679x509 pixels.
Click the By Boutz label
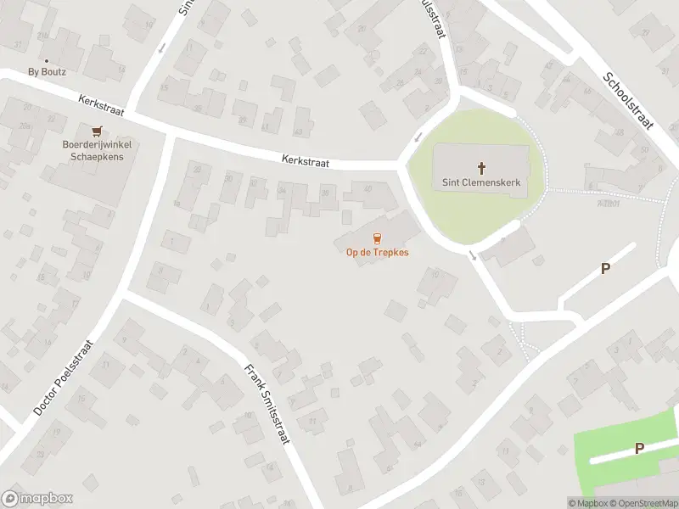tap(46, 72)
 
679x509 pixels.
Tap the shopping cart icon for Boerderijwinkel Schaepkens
tap(97, 131)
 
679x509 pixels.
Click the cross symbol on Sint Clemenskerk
tap(481, 168)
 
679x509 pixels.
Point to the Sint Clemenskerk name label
tap(481, 182)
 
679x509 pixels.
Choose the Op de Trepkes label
tap(377, 253)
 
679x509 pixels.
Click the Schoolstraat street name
tap(628, 99)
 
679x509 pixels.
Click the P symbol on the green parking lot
tap(639, 448)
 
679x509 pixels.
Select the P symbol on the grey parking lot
tap(605, 269)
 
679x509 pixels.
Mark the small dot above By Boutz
tap(46, 61)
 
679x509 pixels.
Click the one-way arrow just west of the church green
tap(417, 137)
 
